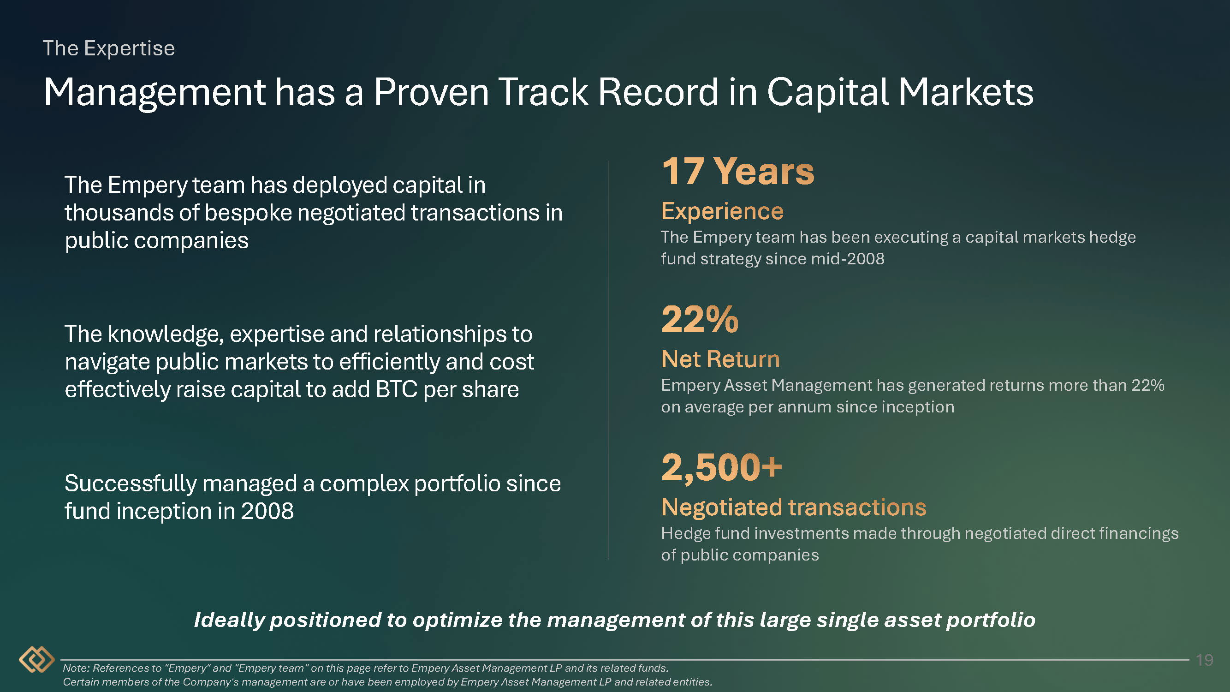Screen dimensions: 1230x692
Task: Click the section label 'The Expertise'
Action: (109, 48)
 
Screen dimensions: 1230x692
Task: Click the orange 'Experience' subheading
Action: (722, 211)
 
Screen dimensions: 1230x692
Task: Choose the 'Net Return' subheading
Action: (720, 359)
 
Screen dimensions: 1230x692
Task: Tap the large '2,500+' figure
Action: (722, 467)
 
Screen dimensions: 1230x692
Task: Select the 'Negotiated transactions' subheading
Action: (794, 507)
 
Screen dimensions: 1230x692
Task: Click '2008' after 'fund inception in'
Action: (267, 511)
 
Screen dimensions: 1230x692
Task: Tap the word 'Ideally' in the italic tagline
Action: (229, 620)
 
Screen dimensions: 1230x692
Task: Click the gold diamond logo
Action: (37, 660)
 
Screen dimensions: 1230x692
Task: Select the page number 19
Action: (1204, 660)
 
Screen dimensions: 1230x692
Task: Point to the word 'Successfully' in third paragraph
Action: (131, 484)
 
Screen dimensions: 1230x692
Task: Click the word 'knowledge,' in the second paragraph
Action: (166, 334)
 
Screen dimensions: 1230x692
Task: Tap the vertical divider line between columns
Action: (608, 360)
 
